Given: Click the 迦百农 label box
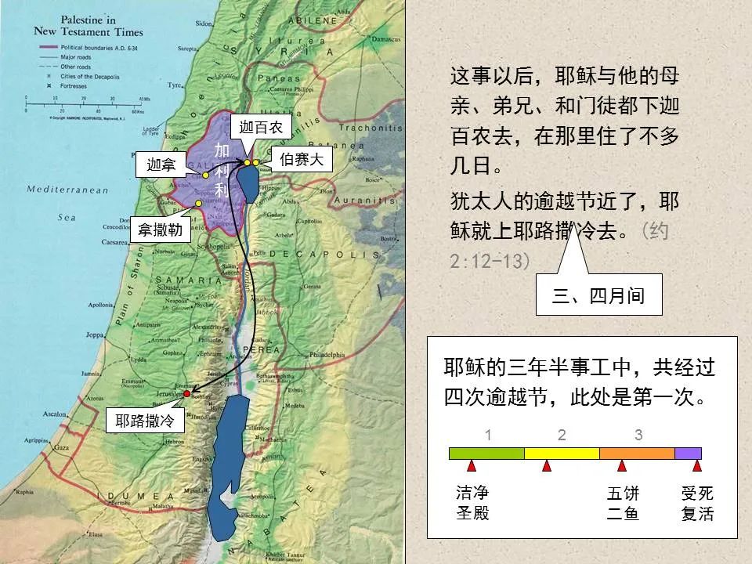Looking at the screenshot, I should [261, 127].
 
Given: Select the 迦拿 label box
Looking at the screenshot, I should [161, 164].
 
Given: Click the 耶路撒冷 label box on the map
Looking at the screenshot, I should [144, 421].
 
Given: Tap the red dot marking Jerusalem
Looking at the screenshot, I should [186, 393].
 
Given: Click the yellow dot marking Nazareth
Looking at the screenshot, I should [199, 203].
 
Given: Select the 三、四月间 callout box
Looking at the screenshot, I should [598, 296].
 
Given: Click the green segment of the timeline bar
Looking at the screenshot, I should [486, 453].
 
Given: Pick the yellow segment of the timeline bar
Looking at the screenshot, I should [562, 453].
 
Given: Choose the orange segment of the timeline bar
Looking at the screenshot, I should [637, 453].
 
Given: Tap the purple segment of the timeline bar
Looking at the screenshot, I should [688, 453].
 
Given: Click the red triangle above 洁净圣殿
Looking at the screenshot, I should [472, 466].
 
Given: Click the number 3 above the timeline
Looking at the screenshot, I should [638, 436].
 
